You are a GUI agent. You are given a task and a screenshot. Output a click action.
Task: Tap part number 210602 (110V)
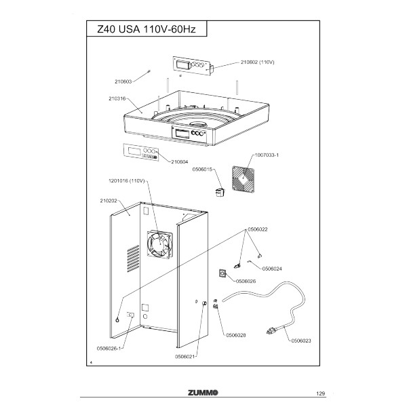(x=257, y=62)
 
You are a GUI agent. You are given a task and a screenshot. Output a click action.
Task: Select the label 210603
(x=121, y=82)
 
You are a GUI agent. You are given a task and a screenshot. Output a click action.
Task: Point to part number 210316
(x=119, y=98)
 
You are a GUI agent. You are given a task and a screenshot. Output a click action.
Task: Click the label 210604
(x=180, y=161)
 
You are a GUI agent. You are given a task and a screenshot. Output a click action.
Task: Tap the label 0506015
(x=203, y=169)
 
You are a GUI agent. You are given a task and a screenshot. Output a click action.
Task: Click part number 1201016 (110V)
(x=128, y=181)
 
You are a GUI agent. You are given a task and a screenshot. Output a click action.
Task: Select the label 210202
(x=109, y=201)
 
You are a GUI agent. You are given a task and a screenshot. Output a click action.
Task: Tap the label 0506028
(x=235, y=335)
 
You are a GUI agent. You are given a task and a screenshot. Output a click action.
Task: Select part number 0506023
(x=301, y=341)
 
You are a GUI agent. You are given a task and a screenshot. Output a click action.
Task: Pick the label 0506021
(x=185, y=356)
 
